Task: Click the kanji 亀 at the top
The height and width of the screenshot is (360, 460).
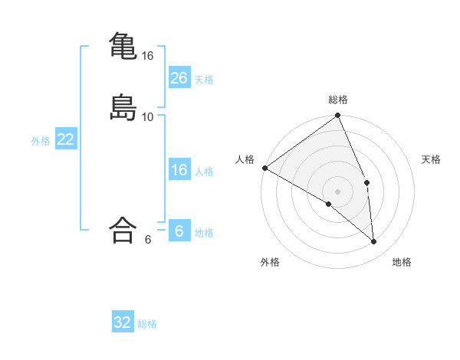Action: click(123, 47)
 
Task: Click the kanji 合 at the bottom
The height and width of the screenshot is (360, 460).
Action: click(123, 230)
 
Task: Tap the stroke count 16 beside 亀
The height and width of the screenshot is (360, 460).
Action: click(148, 56)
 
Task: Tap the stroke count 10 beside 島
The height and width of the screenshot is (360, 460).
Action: click(148, 116)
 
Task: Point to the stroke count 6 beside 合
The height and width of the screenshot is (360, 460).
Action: click(148, 239)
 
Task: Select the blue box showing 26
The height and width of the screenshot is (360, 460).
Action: click(179, 78)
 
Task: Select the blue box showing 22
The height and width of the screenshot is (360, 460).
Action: click(66, 139)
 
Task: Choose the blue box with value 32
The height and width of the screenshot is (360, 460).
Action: click(123, 322)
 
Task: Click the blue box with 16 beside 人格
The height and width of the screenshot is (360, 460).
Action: click(179, 170)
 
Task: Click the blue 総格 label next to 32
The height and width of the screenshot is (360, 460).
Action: click(147, 324)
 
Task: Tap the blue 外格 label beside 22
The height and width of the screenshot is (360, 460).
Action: click(41, 141)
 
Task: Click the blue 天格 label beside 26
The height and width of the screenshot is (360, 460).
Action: click(204, 80)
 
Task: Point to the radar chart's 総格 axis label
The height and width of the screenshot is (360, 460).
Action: click(338, 100)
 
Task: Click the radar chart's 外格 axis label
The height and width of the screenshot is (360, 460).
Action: click(270, 262)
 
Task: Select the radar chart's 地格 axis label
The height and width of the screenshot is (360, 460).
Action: click(402, 262)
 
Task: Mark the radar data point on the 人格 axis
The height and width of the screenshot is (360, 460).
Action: click(264, 168)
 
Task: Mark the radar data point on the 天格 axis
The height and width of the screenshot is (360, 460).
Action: click(367, 182)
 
